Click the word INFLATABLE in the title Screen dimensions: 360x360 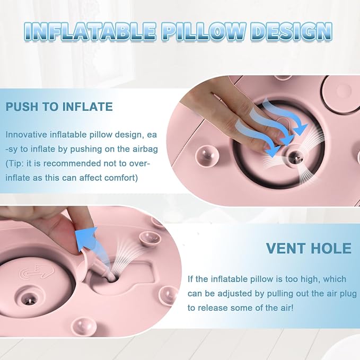90,32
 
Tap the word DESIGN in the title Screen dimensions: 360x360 292,32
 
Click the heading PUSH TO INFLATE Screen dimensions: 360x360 59,107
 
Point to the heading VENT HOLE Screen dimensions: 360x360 309,248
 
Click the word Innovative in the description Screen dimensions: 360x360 26,135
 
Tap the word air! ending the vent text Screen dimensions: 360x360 285,308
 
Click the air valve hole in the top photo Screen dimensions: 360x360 295,157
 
